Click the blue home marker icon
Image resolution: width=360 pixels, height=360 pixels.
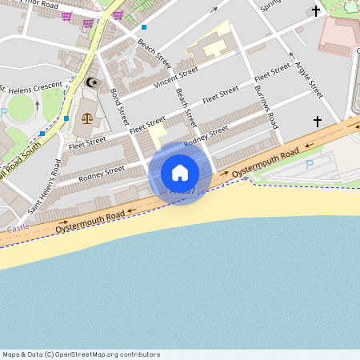(180, 172)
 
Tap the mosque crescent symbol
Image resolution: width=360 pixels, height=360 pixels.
(90, 82)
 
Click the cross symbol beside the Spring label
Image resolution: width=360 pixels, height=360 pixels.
(316, 11)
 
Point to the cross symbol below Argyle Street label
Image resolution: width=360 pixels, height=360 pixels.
(318, 122)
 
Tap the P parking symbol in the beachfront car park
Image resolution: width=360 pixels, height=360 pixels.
(310, 165)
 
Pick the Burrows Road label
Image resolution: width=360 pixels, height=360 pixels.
(266, 108)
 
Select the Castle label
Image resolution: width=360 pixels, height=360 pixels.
(18, 229)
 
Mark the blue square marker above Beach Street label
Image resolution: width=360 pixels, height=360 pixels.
(144, 27)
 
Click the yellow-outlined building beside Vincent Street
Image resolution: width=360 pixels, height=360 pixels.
(211, 43)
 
